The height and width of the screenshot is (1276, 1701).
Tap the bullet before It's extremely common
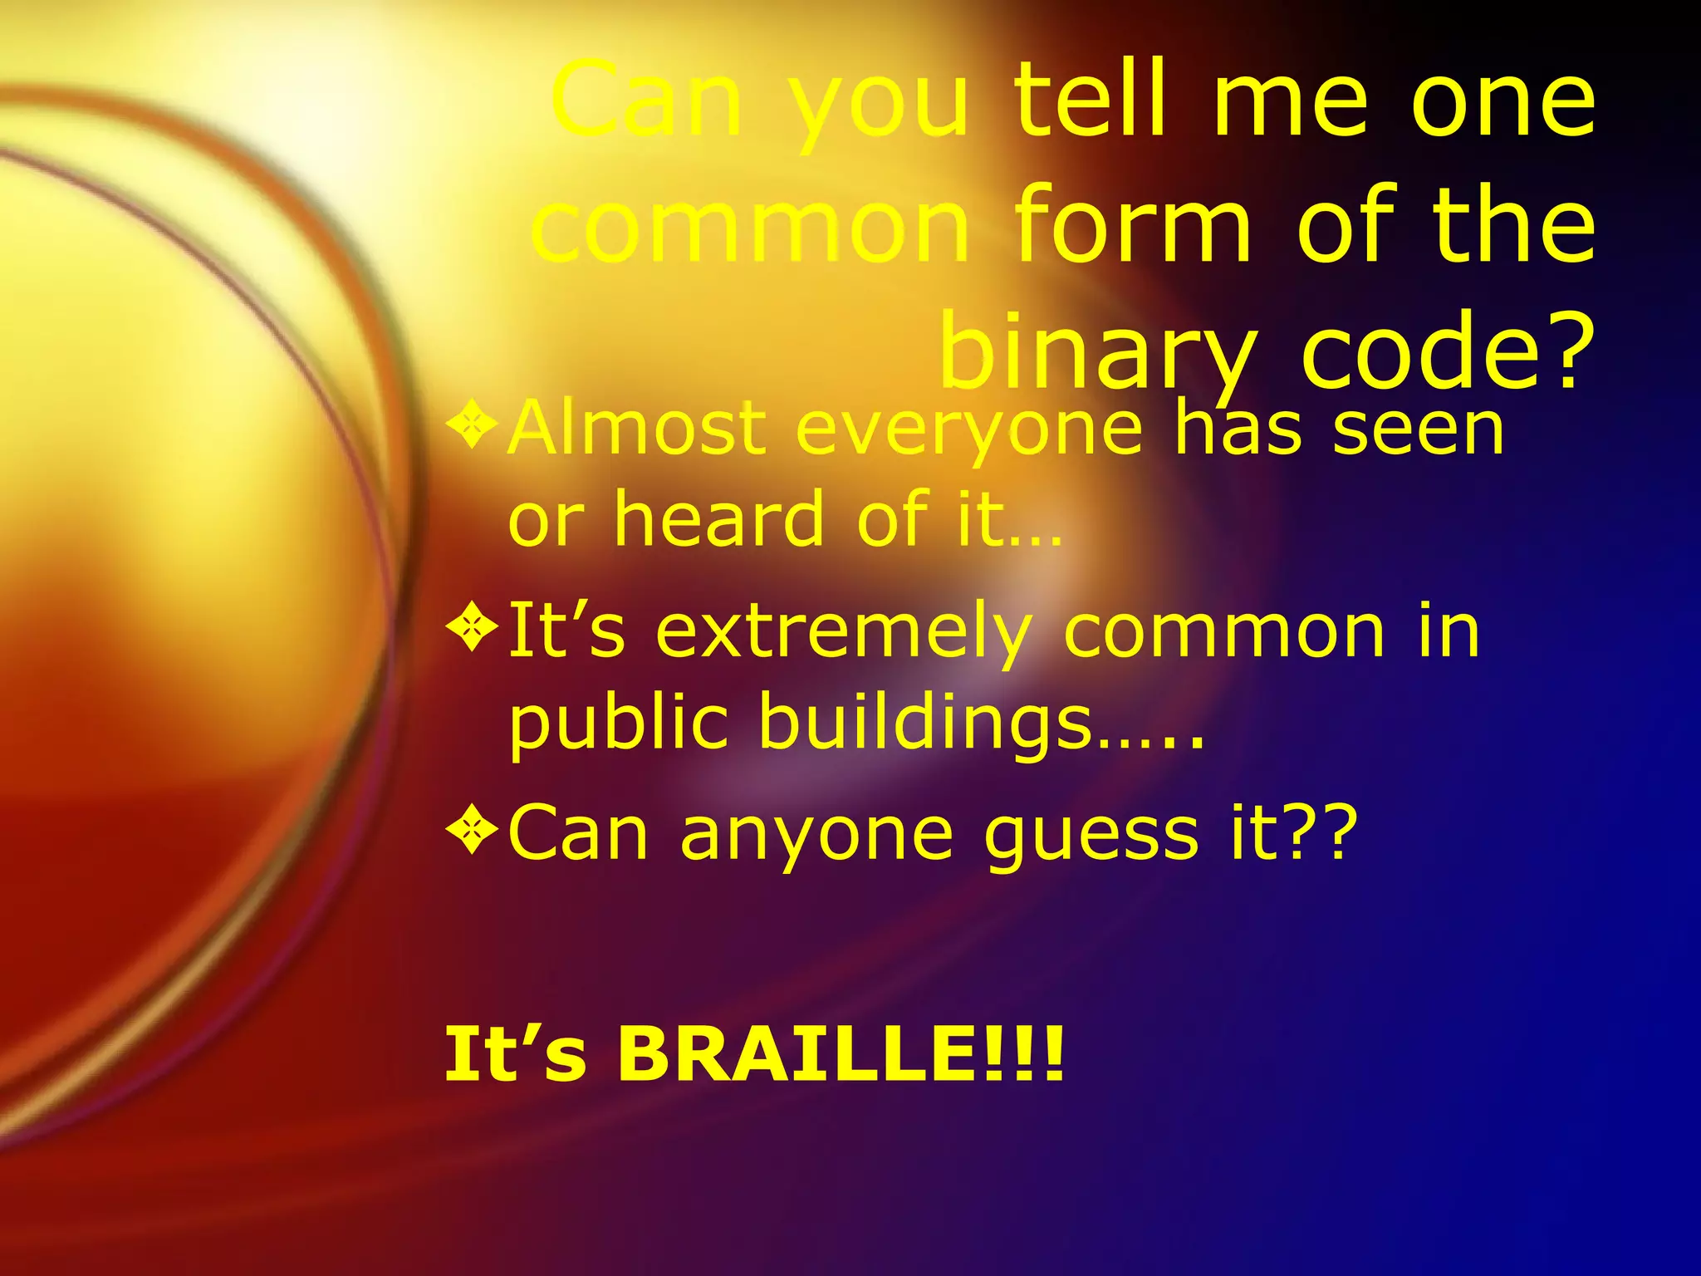472,628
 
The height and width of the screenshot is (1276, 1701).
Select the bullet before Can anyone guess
472,830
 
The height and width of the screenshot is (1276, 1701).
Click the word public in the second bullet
618,723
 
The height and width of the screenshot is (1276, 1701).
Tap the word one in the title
1502,101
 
